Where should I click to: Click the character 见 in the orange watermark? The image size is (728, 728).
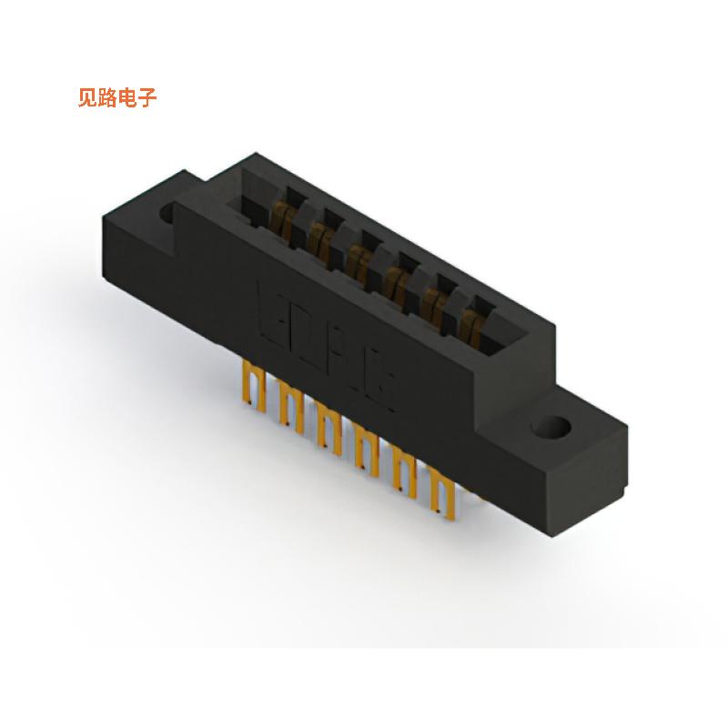[x=88, y=98]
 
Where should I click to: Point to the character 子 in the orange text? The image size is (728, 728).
[x=147, y=98]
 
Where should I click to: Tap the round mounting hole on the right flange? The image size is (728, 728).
[x=554, y=426]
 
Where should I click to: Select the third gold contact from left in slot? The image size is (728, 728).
[x=356, y=258]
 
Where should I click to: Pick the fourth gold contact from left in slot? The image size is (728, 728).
[x=394, y=279]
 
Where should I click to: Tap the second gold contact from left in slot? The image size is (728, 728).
[x=319, y=238]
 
